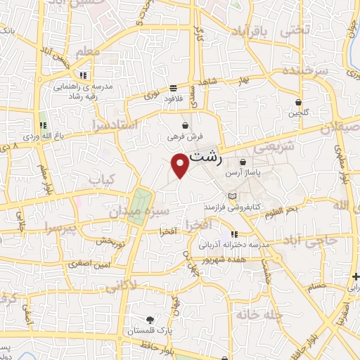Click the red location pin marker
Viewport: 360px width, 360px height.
click(181, 165)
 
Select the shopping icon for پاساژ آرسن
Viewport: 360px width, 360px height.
click(242, 162)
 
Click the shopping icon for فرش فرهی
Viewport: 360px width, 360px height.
click(185, 125)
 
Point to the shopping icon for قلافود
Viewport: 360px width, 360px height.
click(173, 89)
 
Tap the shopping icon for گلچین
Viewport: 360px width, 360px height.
click(299, 102)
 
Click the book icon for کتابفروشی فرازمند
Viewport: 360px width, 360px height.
click(233, 195)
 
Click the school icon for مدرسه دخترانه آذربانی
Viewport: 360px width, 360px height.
click(233, 234)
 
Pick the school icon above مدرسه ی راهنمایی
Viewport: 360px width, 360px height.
click(83, 75)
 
